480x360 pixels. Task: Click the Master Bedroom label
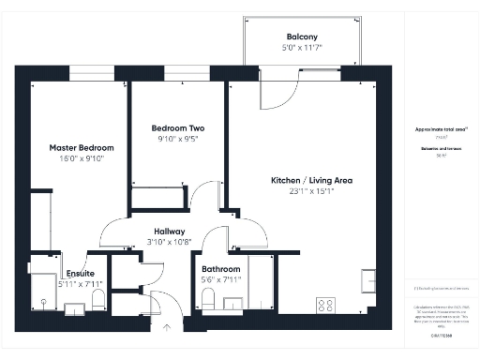[82, 148]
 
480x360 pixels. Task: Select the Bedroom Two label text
[178, 127]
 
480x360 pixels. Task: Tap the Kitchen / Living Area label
[311, 180]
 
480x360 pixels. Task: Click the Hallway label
[170, 232]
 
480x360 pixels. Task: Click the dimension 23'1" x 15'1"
[311, 192]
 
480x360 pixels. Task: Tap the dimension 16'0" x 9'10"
[82, 159]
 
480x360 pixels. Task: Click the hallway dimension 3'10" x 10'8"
[170, 242]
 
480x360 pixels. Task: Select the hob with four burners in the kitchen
[327, 305]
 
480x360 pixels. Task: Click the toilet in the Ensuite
[98, 299]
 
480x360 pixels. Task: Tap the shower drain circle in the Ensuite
[43, 302]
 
